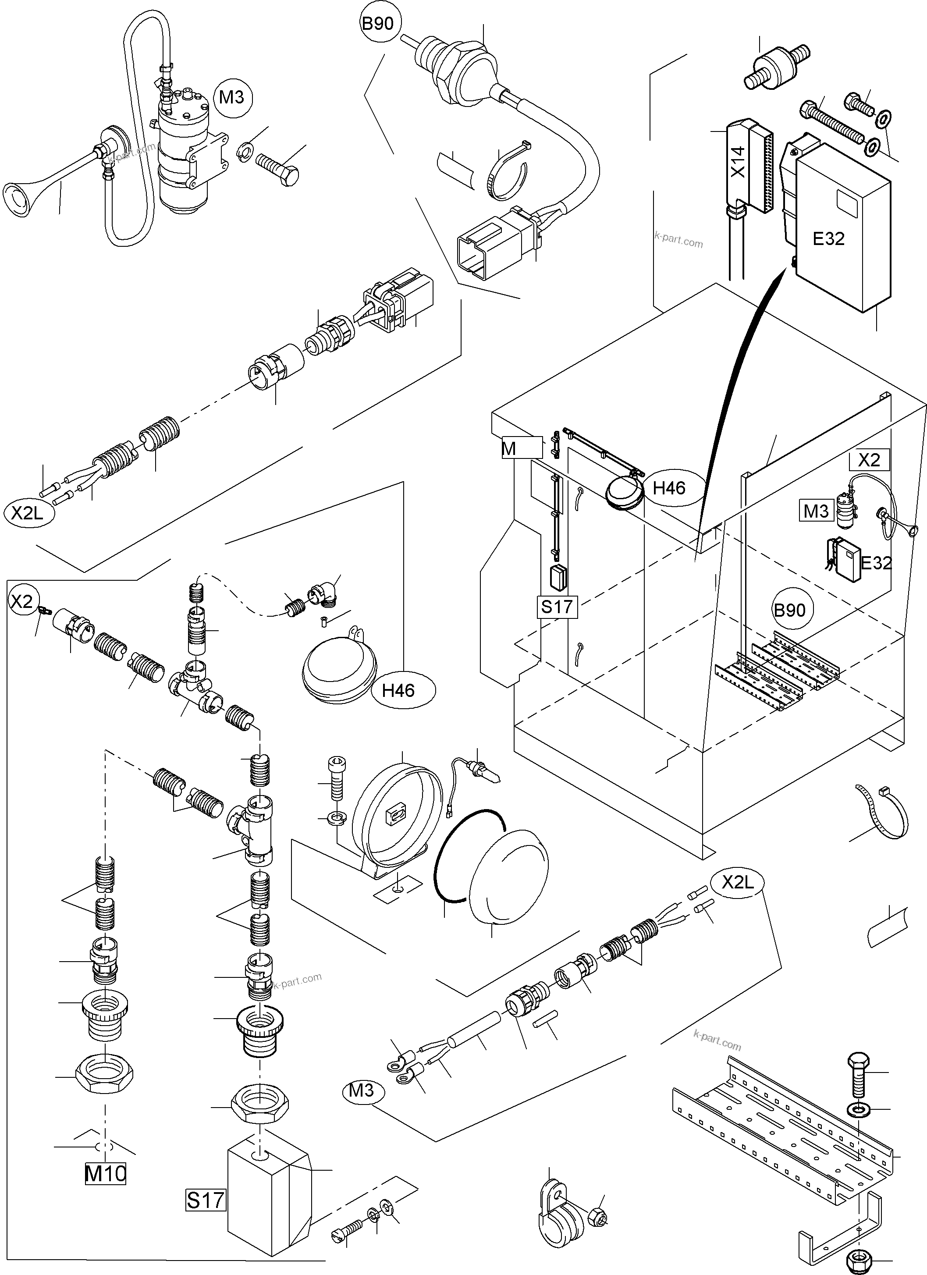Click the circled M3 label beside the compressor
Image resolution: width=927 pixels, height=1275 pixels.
coord(231,97)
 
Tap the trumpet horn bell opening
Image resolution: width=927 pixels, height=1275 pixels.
coord(16,199)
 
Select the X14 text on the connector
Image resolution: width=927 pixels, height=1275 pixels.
coord(739,161)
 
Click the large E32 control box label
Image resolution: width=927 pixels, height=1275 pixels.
coord(829,238)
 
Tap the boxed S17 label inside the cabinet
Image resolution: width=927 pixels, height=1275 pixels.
coord(557,607)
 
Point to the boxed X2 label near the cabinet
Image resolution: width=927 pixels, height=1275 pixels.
coord(869,460)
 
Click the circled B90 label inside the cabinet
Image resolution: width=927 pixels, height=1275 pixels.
coord(789,610)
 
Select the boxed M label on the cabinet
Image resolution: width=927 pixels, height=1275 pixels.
coord(509,449)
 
